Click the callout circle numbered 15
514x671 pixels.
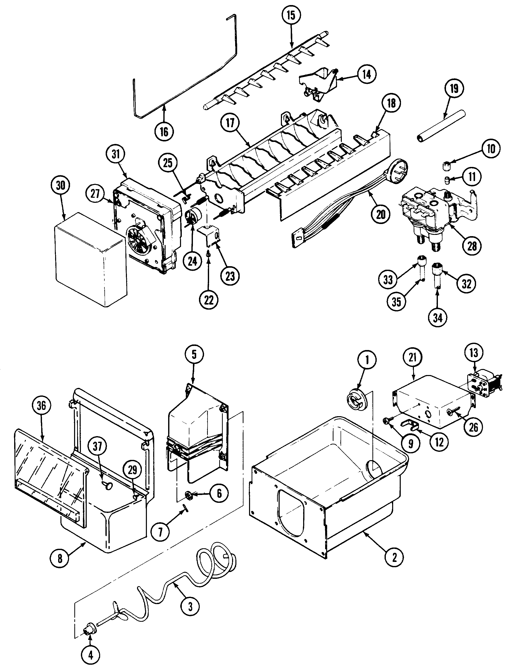tap(291, 15)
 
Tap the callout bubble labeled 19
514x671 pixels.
tap(454, 89)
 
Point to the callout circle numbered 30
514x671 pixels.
tap(61, 185)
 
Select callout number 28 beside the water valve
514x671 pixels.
tap(472, 246)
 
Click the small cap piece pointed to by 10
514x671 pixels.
tap(447, 166)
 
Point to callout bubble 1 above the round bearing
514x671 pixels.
tap(367, 360)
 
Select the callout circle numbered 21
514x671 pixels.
tap(413, 357)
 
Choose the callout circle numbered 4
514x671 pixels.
tap(91, 655)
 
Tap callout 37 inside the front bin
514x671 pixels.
tap(97, 446)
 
